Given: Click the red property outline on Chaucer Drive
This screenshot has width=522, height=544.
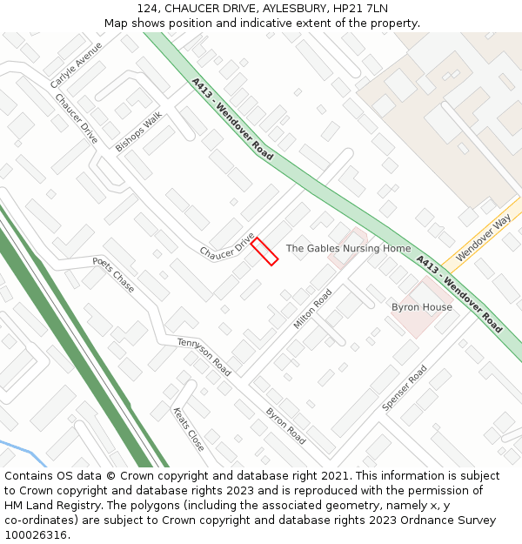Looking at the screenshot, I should [x=264, y=251].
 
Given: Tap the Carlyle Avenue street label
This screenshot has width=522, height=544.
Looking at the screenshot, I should [x=76, y=64].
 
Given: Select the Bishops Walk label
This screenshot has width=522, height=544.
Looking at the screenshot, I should [x=138, y=131].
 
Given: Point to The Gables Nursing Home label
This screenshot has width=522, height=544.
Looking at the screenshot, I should [x=348, y=249].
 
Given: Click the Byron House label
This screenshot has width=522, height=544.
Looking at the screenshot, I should [x=422, y=307].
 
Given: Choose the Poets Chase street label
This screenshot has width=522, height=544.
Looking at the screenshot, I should [x=113, y=274].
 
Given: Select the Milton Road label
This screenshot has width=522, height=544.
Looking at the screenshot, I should [x=312, y=309].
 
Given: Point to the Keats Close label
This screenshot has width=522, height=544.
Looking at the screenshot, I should [x=189, y=429].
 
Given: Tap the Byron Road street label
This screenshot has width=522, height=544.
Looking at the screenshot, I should [x=285, y=425].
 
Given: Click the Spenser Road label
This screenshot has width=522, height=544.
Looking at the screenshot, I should [x=405, y=388].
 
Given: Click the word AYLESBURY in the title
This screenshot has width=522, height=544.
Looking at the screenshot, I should [x=279, y=8].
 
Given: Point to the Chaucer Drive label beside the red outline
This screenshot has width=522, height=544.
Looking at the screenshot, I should [x=226, y=245].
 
